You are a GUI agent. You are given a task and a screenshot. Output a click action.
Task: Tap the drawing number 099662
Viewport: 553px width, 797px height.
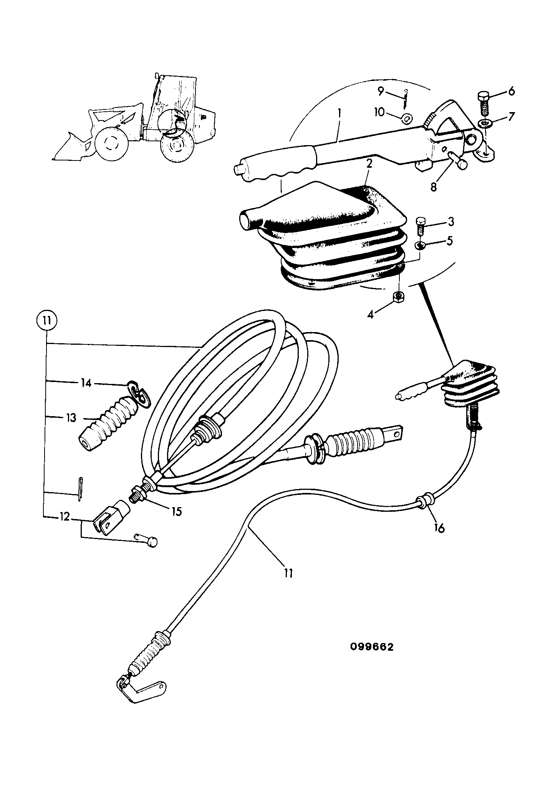(x=372, y=647)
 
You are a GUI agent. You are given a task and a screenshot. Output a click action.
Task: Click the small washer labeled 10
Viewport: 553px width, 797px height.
(x=405, y=119)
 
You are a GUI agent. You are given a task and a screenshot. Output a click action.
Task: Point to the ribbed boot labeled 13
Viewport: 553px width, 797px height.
(x=105, y=422)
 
